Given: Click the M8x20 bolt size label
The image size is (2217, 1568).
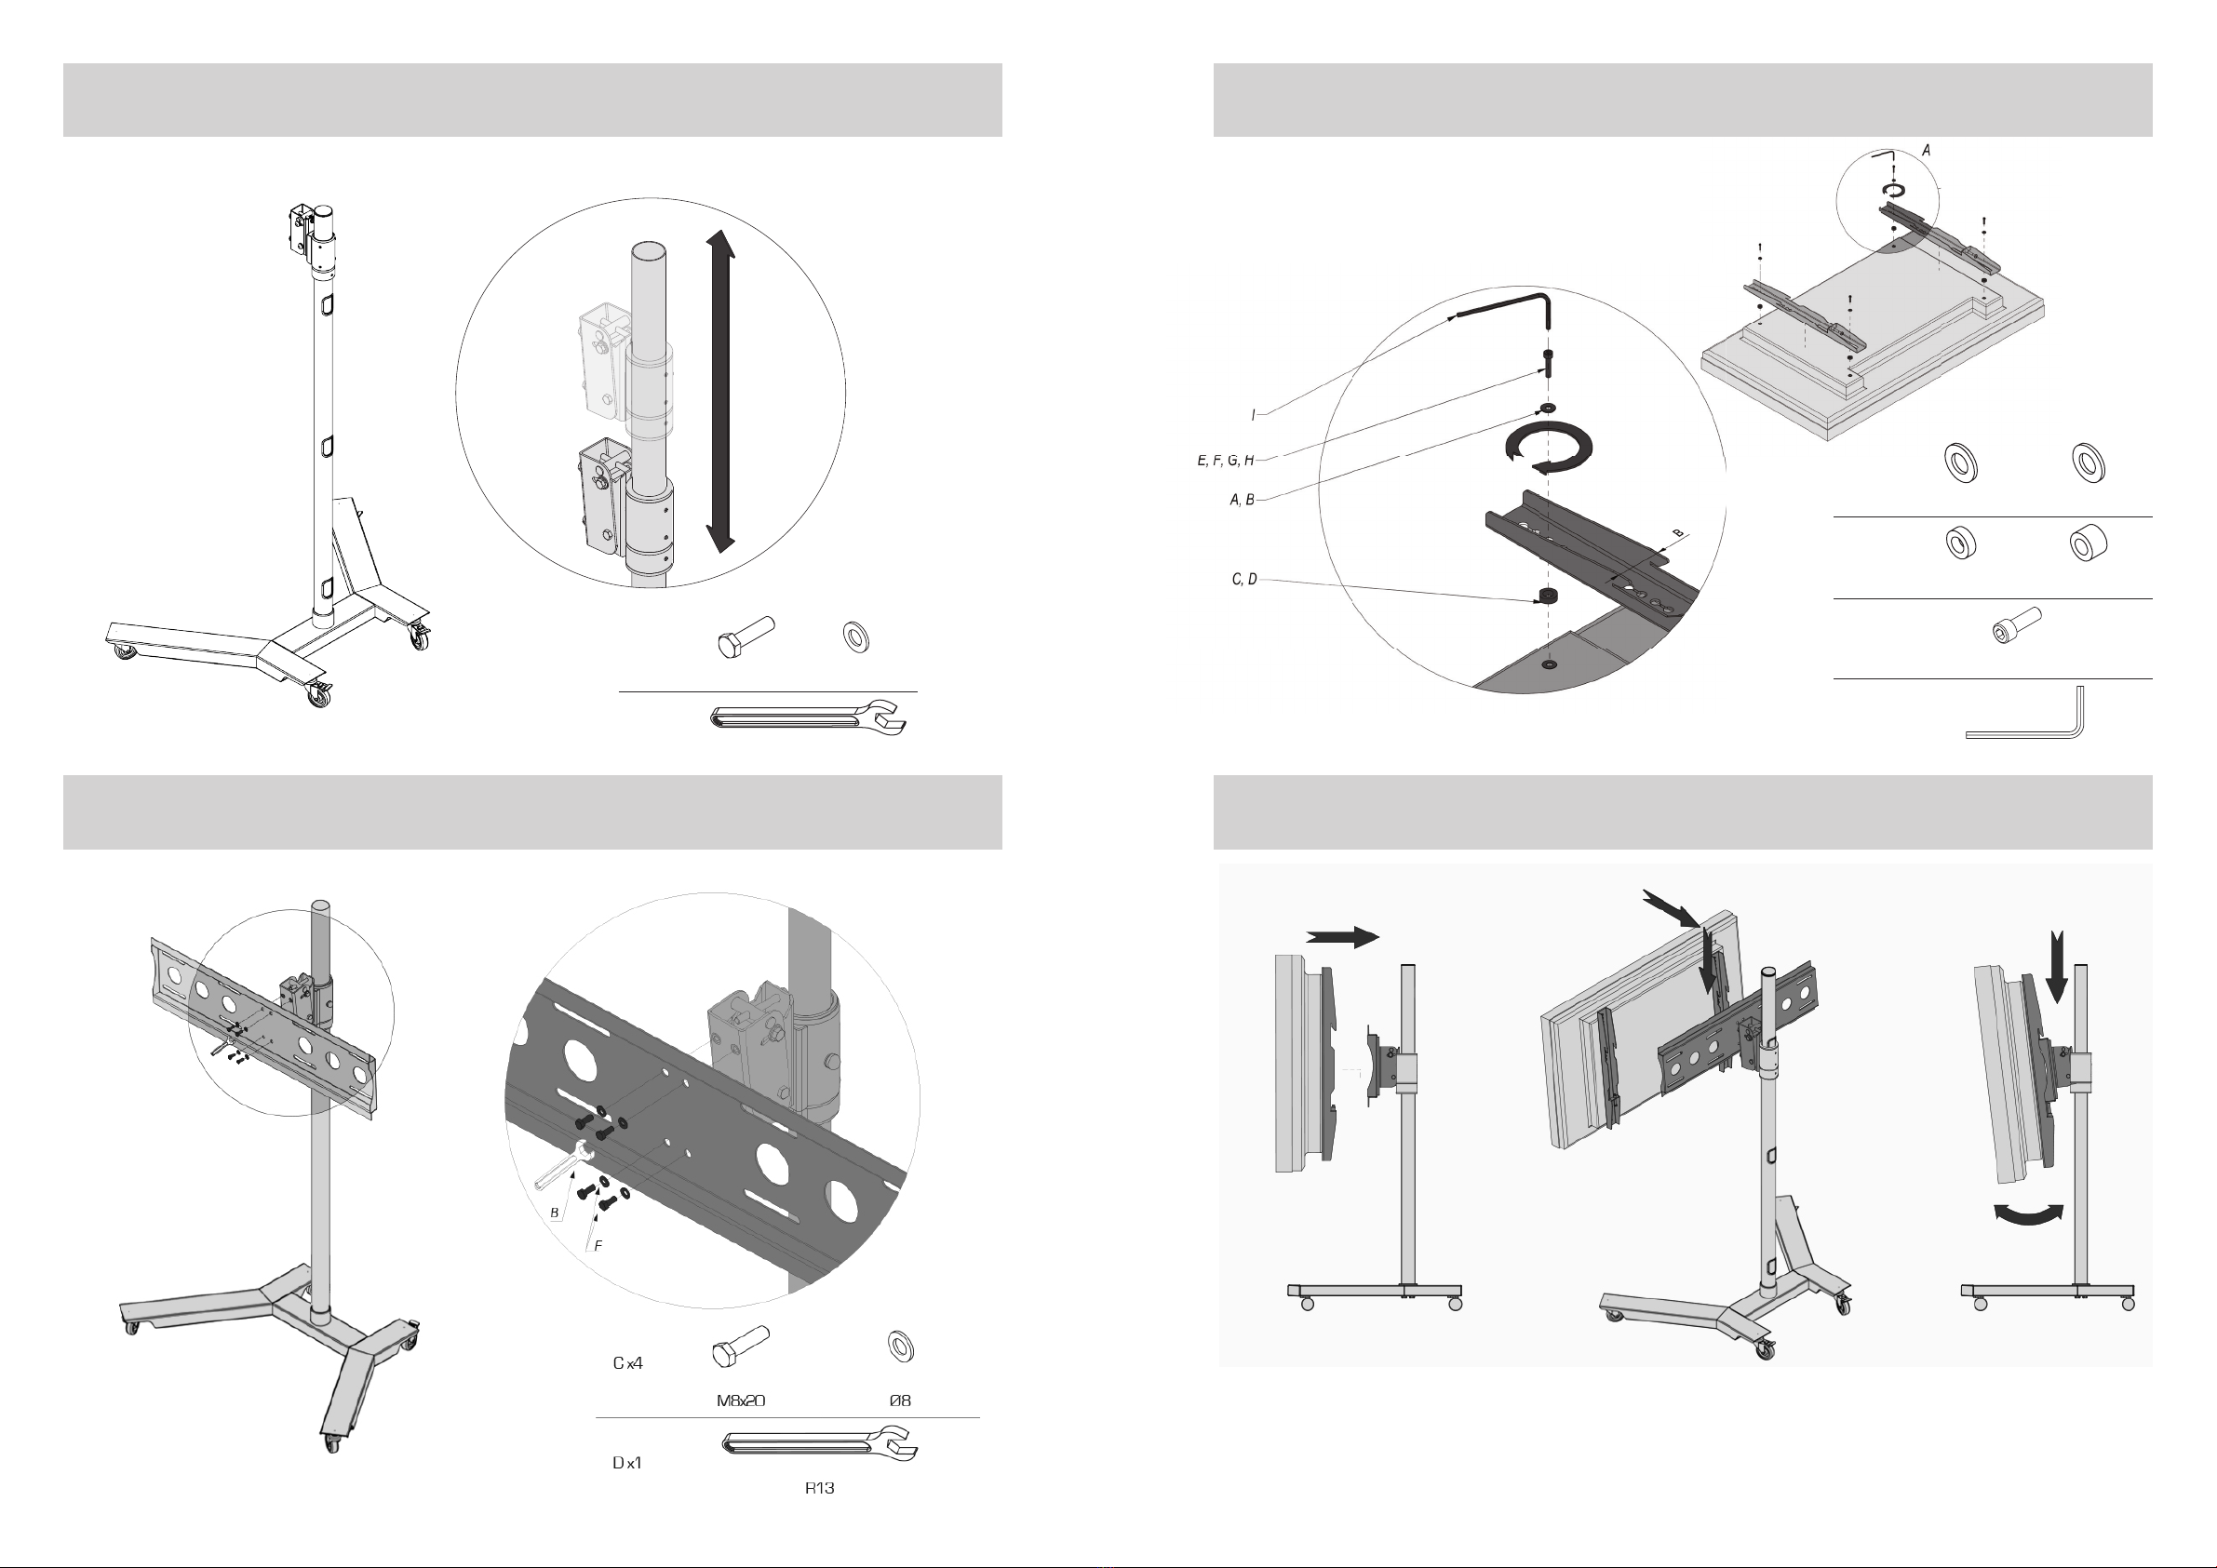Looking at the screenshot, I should pyautogui.click(x=741, y=1400).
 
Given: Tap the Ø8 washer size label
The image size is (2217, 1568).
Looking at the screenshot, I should pyautogui.click(x=900, y=1400).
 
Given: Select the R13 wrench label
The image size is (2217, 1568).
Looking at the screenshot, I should pyautogui.click(x=819, y=1488).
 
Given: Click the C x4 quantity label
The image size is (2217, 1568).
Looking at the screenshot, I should pyautogui.click(x=627, y=1363).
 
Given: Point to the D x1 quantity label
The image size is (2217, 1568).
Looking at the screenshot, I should pyautogui.click(x=626, y=1463).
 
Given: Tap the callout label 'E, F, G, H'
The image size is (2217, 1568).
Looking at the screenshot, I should pyautogui.click(x=1226, y=461).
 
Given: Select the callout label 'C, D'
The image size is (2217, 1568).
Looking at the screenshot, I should pyautogui.click(x=1243, y=580).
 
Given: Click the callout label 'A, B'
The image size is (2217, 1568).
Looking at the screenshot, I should pyautogui.click(x=1242, y=499).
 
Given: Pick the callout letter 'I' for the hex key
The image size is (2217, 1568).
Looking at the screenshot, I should pyautogui.click(x=1254, y=415).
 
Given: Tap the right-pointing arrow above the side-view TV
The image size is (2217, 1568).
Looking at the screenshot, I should pyautogui.click(x=1342, y=935).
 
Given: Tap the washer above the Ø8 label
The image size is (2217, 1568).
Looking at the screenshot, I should pyautogui.click(x=900, y=1345).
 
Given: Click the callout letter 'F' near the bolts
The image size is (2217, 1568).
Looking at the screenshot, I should pyautogui.click(x=598, y=1245).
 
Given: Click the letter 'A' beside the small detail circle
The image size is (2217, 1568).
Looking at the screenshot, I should pyautogui.click(x=1927, y=151).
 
